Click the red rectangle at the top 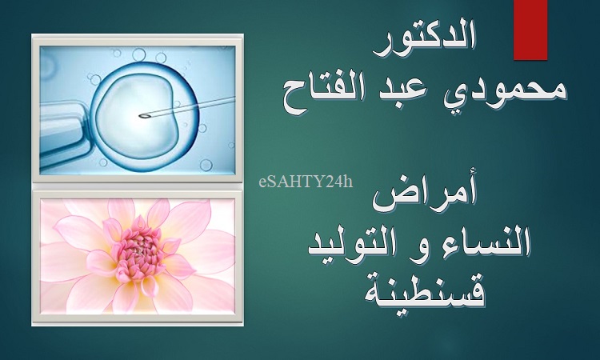click(x=530, y=30)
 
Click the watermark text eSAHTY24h click(x=306, y=182)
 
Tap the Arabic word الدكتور click(x=424, y=42)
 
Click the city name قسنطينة click(x=424, y=291)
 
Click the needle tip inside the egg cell click(x=142, y=115)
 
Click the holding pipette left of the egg click(x=64, y=130)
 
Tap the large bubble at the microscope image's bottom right click(x=206, y=165)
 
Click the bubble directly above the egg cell click(x=139, y=54)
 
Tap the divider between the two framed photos click(x=138, y=186)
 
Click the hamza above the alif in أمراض click(x=471, y=184)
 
